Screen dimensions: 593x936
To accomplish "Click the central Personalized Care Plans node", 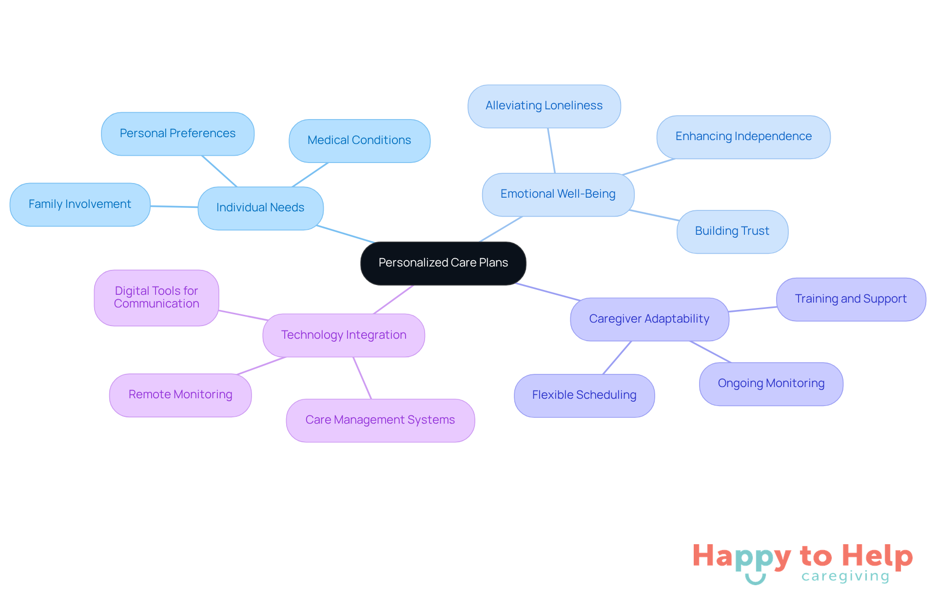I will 443,263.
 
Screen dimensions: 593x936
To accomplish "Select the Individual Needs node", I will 260,208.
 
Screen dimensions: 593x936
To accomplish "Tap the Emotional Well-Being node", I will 558,194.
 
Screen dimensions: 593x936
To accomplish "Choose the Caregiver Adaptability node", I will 649,319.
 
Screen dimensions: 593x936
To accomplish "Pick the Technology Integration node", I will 344,335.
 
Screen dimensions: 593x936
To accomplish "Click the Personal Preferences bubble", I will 177,134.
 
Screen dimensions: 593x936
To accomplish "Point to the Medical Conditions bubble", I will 359,141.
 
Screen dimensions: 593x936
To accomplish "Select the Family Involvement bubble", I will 80,204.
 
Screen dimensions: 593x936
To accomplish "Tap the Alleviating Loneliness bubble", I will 544,106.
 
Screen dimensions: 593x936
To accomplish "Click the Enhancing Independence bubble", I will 743,137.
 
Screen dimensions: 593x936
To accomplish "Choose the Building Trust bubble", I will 732,231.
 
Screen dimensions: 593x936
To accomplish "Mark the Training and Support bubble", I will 851,299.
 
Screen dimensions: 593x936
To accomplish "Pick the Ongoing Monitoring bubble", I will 771,384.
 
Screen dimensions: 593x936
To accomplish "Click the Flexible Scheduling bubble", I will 584,395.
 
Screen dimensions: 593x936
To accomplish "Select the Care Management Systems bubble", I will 380,420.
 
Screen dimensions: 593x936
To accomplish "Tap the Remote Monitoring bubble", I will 180,395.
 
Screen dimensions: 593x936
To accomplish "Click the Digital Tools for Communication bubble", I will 156,298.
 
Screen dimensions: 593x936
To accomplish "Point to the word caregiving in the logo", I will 845,576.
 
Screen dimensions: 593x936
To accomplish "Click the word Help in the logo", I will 877,556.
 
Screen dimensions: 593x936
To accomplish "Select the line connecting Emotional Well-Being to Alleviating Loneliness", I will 551,151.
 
